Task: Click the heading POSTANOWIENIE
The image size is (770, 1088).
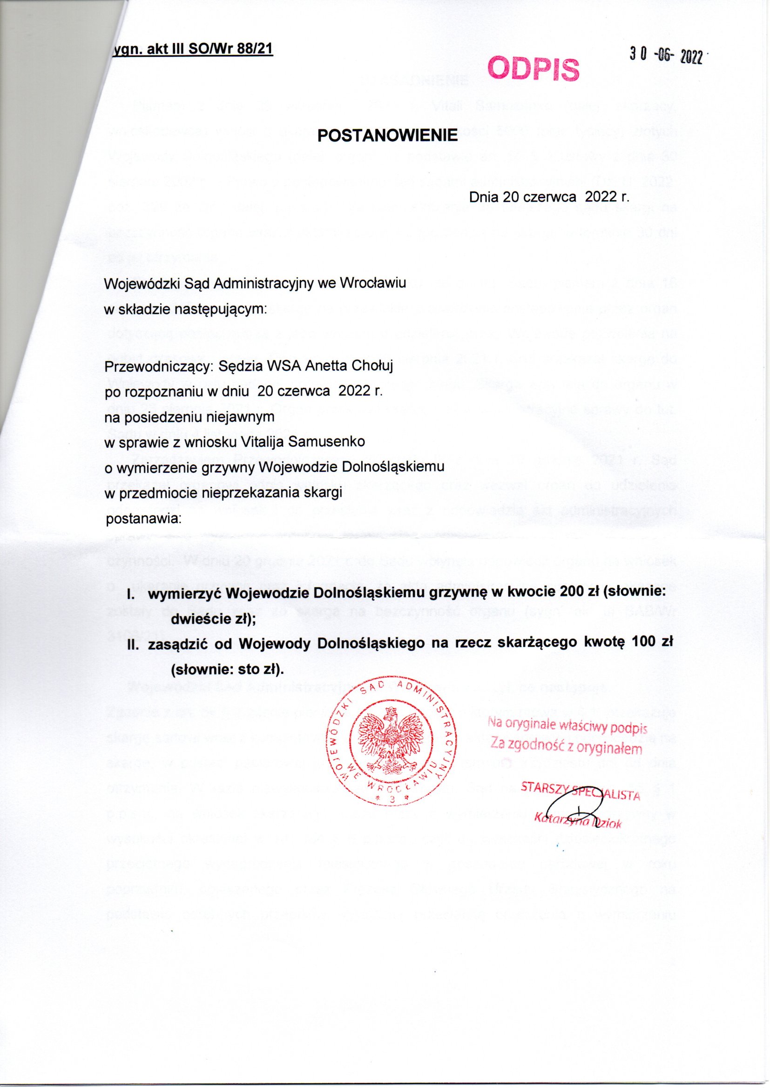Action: pos(387,135)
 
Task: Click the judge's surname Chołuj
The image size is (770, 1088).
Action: pos(371,366)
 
